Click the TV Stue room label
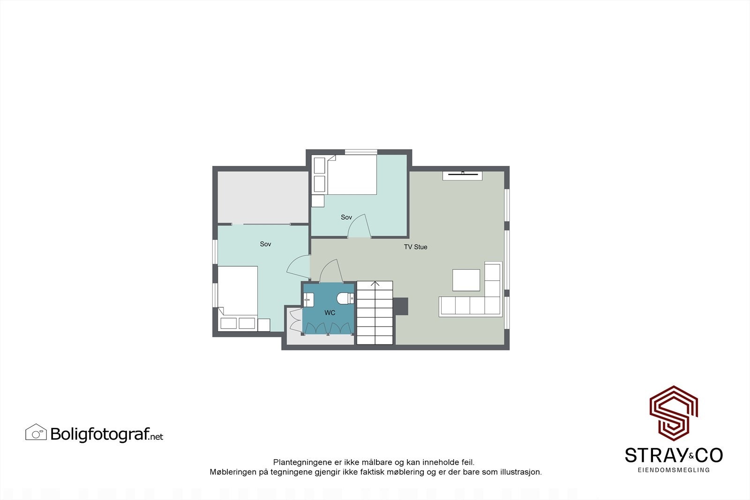pyautogui.click(x=415, y=247)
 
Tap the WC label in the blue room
pyautogui.click(x=330, y=313)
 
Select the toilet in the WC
pyautogui.click(x=345, y=299)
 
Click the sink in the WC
pyautogui.click(x=308, y=299)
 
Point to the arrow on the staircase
pyautogui.click(x=375, y=284)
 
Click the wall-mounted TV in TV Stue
pyautogui.click(x=462, y=175)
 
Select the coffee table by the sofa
pyautogui.click(x=466, y=280)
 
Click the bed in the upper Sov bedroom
pyautogui.click(x=352, y=175)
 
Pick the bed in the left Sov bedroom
pyautogui.click(x=238, y=291)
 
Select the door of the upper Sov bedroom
pyautogui.click(x=359, y=226)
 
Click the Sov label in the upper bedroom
pyautogui.click(x=346, y=217)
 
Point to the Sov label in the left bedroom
pyautogui.click(x=265, y=244)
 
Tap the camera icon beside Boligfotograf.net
pyautogui.click(x=36, y=433)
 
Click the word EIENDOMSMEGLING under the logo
pyautogui.click(x=674, y=470)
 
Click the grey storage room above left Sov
pyautogui.click(x=263, y=197)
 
